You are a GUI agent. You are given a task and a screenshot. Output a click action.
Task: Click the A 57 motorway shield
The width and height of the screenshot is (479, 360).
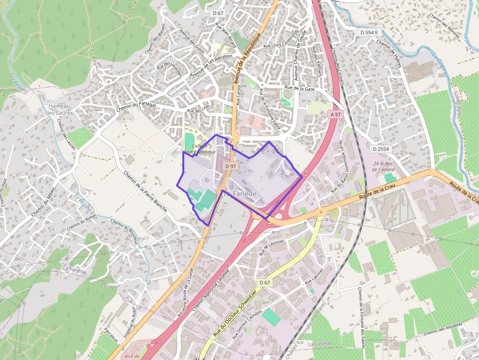[335, 114]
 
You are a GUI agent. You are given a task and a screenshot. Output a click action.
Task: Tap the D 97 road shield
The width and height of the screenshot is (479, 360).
[231, 166]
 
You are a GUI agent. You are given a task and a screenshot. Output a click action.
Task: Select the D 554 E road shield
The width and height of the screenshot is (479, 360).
[369, 32]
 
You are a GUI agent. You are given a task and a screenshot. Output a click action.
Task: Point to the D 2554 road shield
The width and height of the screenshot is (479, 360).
[381, 148]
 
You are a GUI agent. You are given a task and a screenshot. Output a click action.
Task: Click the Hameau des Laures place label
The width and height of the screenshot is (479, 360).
[59, 109]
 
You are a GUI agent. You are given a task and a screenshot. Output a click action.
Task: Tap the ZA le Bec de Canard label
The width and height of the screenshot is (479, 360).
[383, 166]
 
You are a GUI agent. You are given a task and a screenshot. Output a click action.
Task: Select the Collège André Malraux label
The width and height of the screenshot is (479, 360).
[204, 149]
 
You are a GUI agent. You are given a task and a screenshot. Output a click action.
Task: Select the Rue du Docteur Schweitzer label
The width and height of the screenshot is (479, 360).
[235, 314]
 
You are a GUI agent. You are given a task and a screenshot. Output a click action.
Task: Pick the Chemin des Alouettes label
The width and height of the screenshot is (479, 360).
[443, 333]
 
